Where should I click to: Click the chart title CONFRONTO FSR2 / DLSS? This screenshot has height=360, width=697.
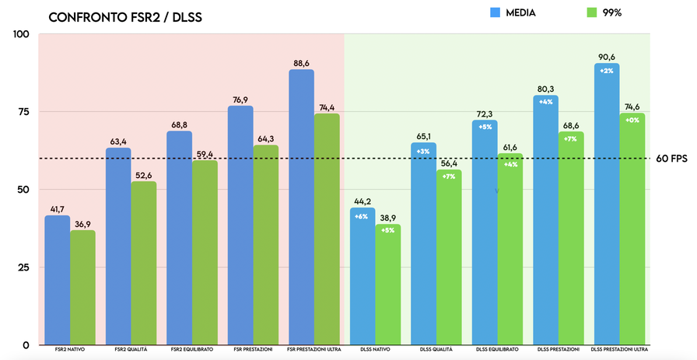tap(125, 17)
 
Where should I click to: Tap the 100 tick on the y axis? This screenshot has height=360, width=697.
tap(20, 34)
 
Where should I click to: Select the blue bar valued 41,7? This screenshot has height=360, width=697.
tap(57, 280)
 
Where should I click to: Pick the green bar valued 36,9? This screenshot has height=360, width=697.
tap(82, 287)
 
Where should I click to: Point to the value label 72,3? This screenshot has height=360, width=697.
tap(485, 114)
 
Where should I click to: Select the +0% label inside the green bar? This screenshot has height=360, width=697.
tap(632, 121)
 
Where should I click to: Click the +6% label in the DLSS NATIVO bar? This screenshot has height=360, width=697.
tap(362, 216)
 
